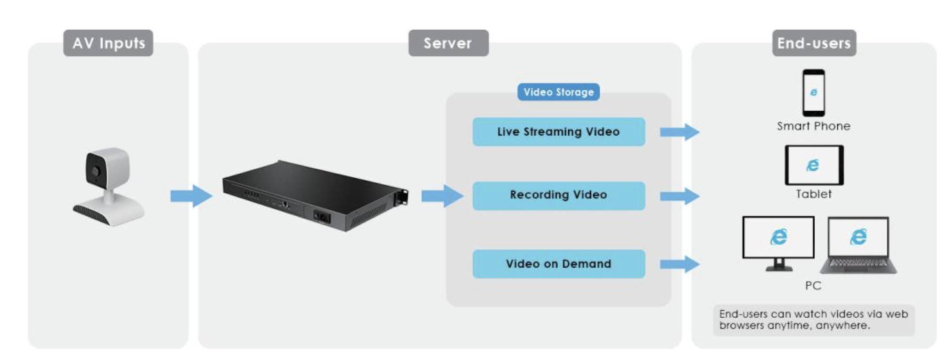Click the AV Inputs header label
tap(108, 43)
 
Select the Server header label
tap(448, 43)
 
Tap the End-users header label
tap(814, 43)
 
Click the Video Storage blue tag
tap(558, 92)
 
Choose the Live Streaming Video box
tap(558, 132)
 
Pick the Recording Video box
tap(558, 195)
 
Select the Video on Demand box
tap(558, 264)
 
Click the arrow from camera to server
tap(191, 196)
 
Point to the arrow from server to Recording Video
tap(442, 196)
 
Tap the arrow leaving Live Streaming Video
tap(679, 132)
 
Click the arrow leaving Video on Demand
tap(679, 264)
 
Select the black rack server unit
tap(315, 196)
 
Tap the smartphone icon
tap(814, 93)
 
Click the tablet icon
tap(814, 165)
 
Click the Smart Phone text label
tap(814, 126)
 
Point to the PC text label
tap(813, 286)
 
